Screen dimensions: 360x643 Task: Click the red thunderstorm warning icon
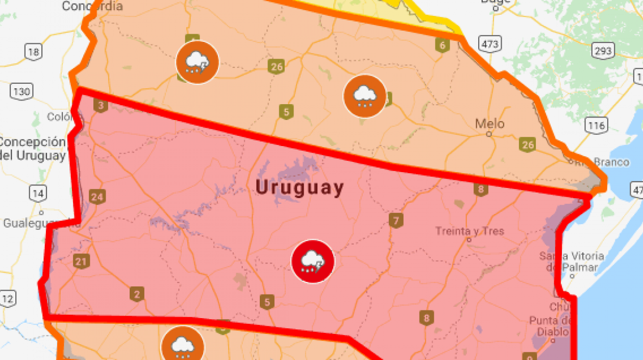point(312,261)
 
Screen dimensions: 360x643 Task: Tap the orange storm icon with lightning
point(197,62)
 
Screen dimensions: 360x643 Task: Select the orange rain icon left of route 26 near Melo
point(364,96)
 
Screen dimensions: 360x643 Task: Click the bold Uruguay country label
point(300,188)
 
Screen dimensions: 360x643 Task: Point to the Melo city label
point(489,124)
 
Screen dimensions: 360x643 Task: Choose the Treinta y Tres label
point(469,231)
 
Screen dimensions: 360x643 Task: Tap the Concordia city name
point(92,6)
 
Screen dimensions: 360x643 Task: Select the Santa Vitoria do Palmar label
point(572,261)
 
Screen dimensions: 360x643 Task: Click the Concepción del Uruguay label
point(33,149)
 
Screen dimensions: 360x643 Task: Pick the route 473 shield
point(489,44)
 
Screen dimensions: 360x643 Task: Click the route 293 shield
point(602,51)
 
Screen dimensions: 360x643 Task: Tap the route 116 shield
point(597,125)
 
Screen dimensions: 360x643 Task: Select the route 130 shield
point(22,92)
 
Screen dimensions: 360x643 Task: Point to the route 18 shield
point(33,52)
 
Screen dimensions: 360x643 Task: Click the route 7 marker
point(395,221)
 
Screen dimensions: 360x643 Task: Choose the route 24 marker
point(97,196)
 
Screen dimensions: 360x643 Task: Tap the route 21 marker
point(81,261)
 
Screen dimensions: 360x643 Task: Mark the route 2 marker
point(136,294)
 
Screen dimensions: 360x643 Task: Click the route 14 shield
point(38,194)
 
